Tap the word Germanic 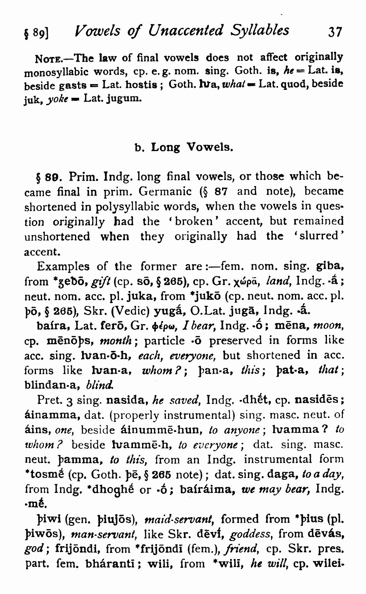[165, 192]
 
